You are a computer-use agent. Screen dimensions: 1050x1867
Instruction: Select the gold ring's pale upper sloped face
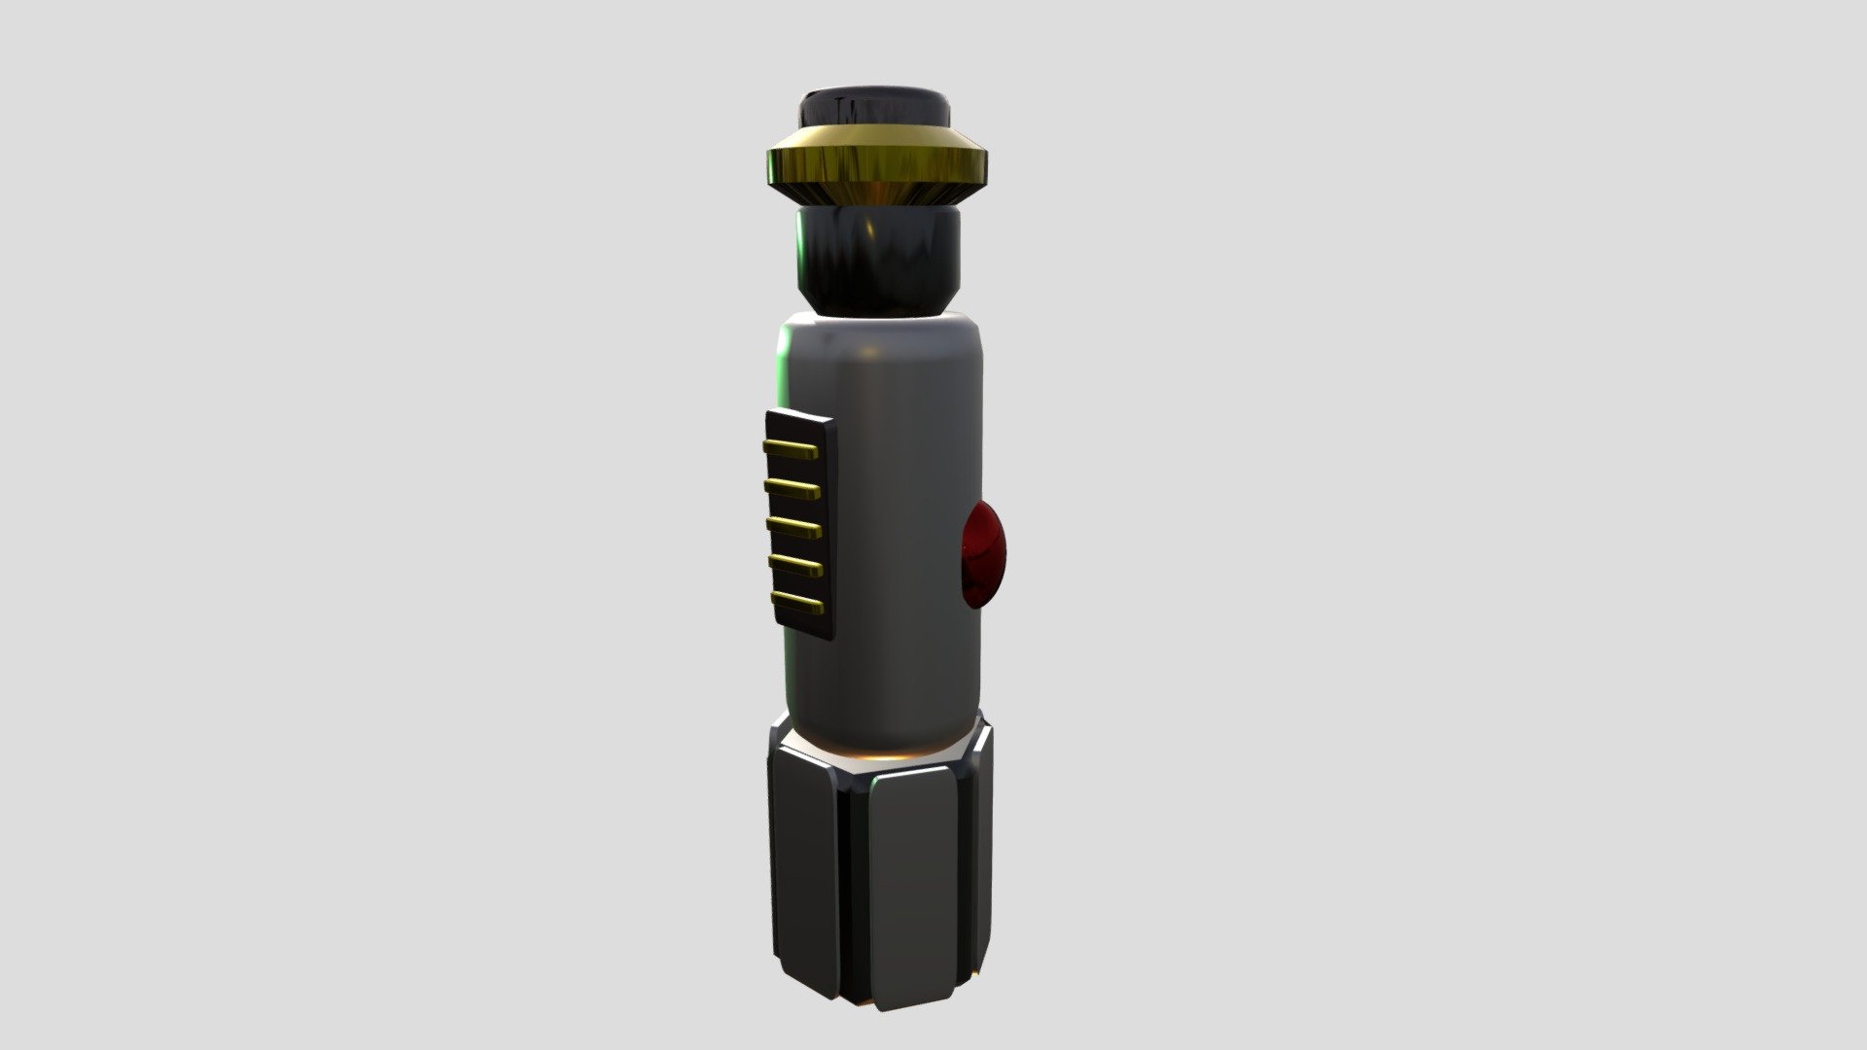click(875, 135)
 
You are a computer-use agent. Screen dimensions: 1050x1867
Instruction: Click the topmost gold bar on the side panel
click(793, 448)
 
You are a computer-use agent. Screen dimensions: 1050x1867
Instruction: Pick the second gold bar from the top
click(793, 486)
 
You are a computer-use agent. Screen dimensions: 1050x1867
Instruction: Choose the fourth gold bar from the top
click(795, 566)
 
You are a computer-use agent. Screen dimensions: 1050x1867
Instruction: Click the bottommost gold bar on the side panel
click(797, 604)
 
